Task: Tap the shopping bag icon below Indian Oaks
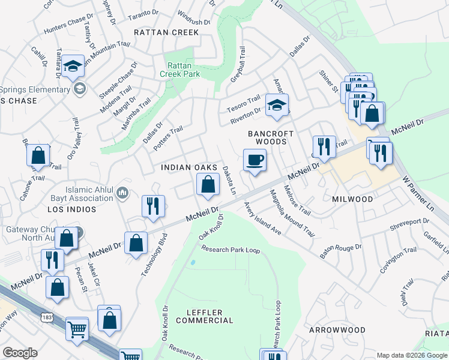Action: (x=208, y=184)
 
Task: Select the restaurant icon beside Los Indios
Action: (x=152, y=206)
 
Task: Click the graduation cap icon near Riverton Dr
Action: (x=277, y=105)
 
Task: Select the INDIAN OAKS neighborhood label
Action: (x=188, y=167)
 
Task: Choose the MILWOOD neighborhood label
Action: (x=352, y=199)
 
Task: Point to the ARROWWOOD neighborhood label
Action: (x=337, y=330)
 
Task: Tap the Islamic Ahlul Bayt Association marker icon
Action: (x=122, y=193)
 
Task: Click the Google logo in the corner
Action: (x=20, y=352)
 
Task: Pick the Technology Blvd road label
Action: (x=152, y=253)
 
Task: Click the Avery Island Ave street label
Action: (x=262, y=218)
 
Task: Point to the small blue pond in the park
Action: (x=192, y=262)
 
